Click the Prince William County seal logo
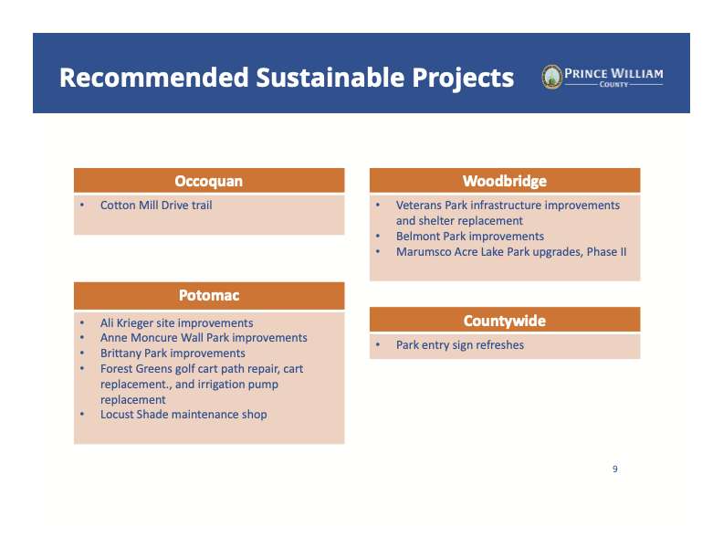pyautogui.click(x=551, y=77)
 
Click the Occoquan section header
pyautogui.click(x=209, y=180)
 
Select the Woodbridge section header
pyautogui.click(x=505, y=180)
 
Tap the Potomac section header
pyautogui.click(x=209, y=295)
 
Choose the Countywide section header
pyautogui.click(x=505, y=320)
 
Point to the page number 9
pyautogui.click(x=615, y=469)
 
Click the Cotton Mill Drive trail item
pyautogui.click(x=156, y=206)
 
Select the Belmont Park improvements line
pyautogui.click(x=470, y=237)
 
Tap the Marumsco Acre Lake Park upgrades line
pyautogui.click(x=511, y=252)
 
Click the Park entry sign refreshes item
pyautogui.click(x=460, y=345)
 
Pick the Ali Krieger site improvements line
pyautogui.click(x=176, y=322)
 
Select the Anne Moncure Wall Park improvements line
pyautogui.click(x=204, y=338)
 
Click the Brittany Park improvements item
pyautogui.click(x=173, y=353)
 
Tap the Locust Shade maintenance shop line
pyautogui.click(x=183, y=414)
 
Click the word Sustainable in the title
pyautogui.click(x=330, y=77)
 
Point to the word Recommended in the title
pyautogui.click(x=154, y=77)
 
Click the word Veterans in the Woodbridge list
pyautogui.click(x=419, y=206)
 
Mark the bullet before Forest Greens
pyautogui.click(x=82, y=368)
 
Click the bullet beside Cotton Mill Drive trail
pyautogui.click(x=82, y=205)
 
